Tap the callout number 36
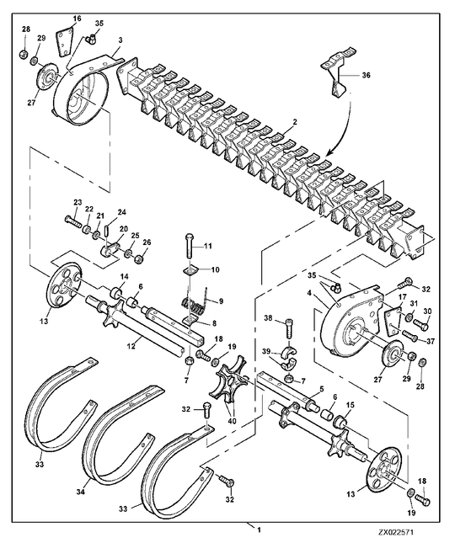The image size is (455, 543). point(366,75)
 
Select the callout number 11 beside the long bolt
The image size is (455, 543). point(207,246)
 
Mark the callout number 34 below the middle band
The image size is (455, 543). point(81,491)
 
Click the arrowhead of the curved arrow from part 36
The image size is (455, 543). point(329,152)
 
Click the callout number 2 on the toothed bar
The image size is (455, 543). point(295,121)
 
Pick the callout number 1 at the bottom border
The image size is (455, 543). point(259,539)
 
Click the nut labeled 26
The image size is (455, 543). point(139,259)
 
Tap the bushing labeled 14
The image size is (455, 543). point(117,293)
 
